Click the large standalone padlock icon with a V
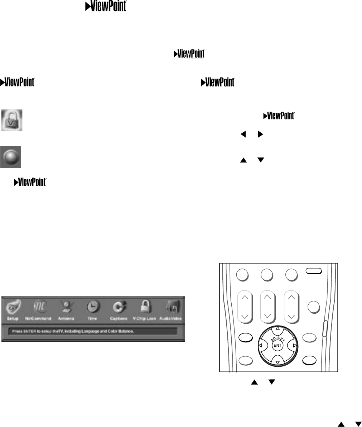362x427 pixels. tap(11, 120)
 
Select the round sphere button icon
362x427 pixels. tap(11, 157)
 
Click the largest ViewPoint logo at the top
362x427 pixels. tap(106, 7)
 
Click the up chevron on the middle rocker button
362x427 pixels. tap(267, 297)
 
